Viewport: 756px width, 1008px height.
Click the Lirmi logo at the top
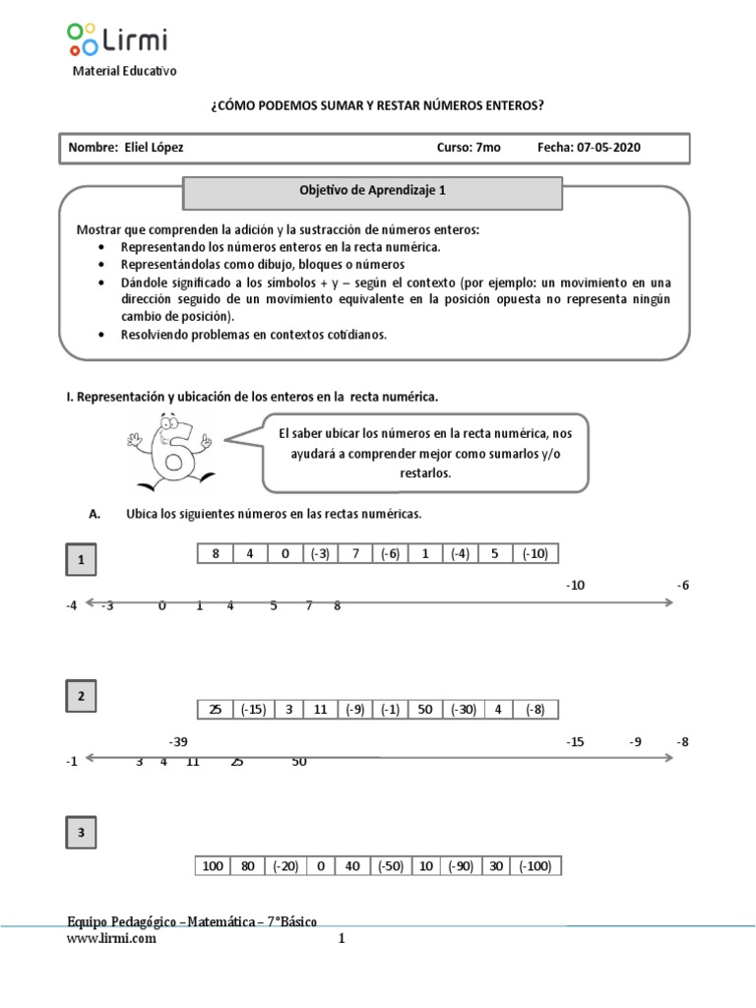[118, 38]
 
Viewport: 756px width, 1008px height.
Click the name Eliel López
[154, 148]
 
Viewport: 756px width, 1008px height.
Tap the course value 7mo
[487, 148]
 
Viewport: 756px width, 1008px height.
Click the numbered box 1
[82, 562]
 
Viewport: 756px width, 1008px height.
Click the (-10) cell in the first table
[535, 553]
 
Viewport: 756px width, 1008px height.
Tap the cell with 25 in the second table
[215, 709]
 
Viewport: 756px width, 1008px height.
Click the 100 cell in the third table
[213, 866]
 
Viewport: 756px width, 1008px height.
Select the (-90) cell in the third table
[463, 866]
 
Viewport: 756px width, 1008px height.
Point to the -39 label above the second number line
[178, 742]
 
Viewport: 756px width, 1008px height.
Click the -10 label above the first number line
[576, 585]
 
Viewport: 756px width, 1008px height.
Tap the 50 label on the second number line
[299, 761]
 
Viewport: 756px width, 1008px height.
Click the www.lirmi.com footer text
[111, 939]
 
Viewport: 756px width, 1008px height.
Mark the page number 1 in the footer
[343, 939]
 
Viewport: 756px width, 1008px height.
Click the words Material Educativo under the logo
[125, 71]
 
